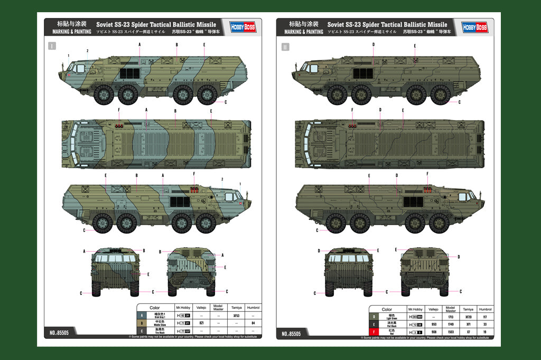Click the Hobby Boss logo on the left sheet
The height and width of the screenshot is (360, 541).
pos(242,26)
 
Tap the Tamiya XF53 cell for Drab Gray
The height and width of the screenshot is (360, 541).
pos(236,316)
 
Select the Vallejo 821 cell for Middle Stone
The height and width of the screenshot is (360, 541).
pos(201,322)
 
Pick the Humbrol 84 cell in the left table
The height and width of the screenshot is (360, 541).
pos(254,322)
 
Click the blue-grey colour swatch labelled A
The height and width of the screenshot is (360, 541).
pos(142,316)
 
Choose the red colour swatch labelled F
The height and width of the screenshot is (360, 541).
pos(375,331)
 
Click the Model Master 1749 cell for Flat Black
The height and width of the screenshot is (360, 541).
pos(451,324)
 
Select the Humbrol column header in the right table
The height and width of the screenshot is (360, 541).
pos(485,309)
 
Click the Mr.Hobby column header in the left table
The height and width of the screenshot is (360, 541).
pos(182,308)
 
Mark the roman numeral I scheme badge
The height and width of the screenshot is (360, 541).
pos(52,46)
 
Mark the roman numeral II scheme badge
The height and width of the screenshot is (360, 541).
pos(285,47)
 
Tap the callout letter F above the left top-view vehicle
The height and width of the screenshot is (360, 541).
pos(119,109)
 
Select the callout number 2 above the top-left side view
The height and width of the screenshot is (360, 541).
pos(87,51)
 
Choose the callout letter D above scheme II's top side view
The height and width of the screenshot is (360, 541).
pos(373,44)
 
